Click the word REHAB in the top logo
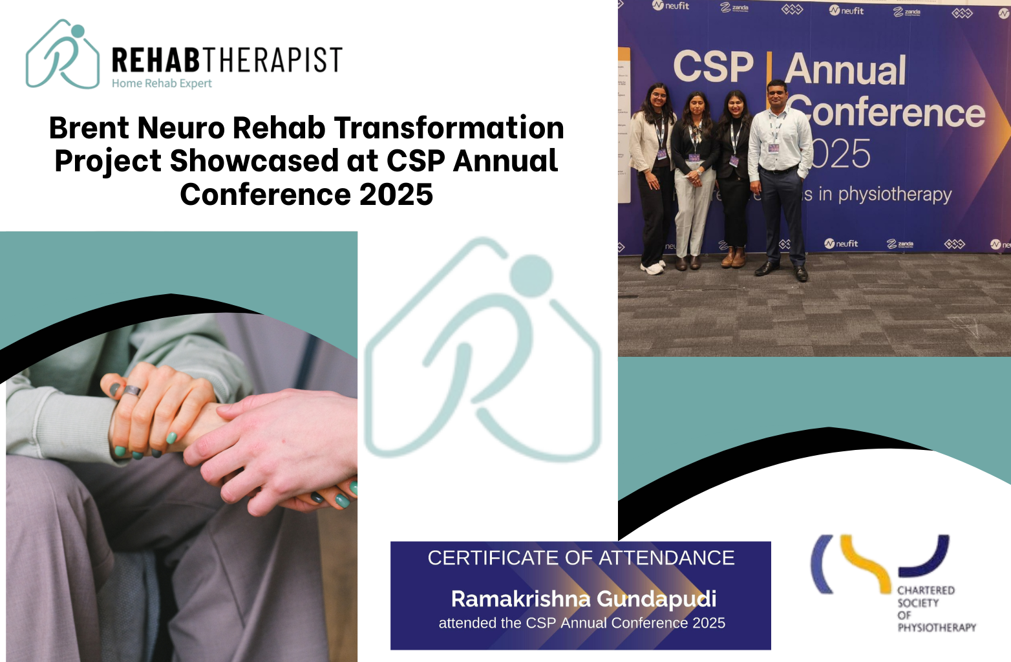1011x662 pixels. click(x=156, y=60)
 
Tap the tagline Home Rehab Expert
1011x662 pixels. click(x=162, y=83)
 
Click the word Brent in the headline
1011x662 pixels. click(x=89, y=128)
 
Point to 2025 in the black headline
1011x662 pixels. click(x=396, y=195)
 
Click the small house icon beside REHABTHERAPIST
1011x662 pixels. click(x=63, y=55)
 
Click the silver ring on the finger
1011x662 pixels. click(x=132, y=390)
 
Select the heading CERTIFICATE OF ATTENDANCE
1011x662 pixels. click(x=580, y=558)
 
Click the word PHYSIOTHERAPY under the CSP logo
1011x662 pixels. click(x=937, y=627)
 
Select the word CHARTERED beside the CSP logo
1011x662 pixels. click(x=926, y=590)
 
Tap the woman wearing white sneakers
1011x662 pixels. click(x=654, y=175)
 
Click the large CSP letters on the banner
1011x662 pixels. click(x=713, y=67)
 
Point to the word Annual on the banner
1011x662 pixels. click(x=846, y=70)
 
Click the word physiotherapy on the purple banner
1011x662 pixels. click(x=895, y=195)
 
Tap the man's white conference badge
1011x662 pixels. click(x=773, y=148)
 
